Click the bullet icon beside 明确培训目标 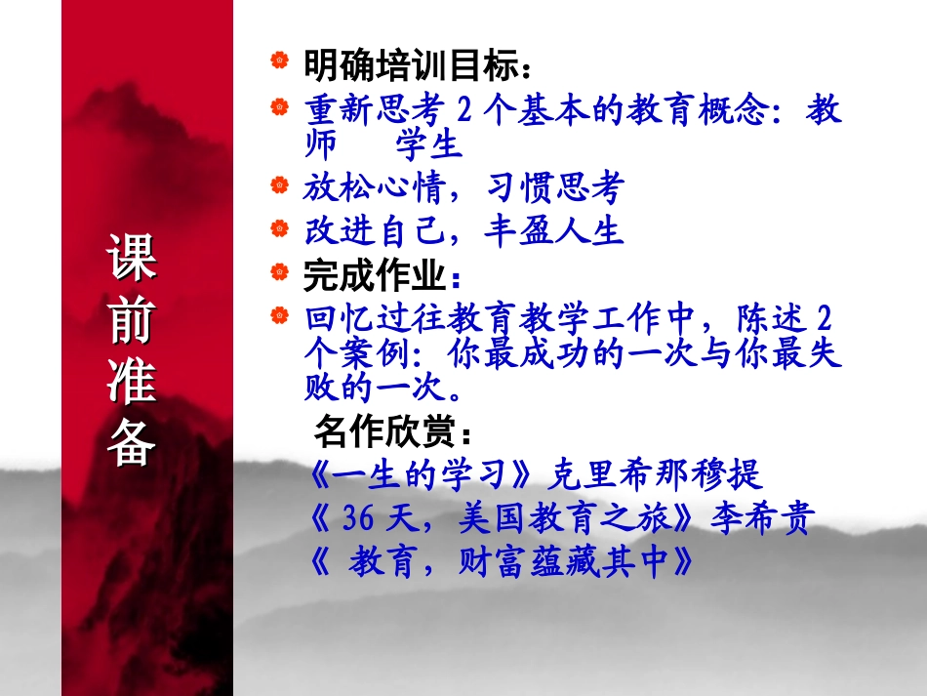[x=280, y=61]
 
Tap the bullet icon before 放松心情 [x=280, y=183]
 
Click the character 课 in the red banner [x=132, y=261]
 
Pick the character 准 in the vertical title [x=132, y=383]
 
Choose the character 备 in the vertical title [x=132, y=443]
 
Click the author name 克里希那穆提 [x=654, y=475]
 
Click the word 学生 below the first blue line [x=427, y=145]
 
